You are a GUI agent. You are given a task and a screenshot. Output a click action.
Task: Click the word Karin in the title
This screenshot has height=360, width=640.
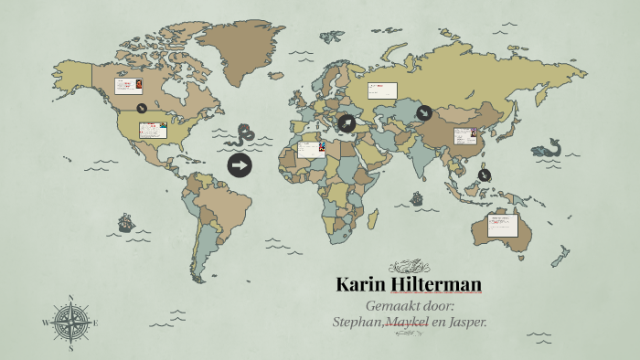pos(359,284)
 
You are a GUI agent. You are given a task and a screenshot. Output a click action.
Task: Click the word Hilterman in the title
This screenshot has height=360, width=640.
pos(434,284)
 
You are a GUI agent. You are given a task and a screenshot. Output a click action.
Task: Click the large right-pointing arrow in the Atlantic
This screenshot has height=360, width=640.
pos(240,165)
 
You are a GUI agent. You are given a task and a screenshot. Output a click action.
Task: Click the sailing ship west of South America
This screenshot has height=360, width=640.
pos(125,222)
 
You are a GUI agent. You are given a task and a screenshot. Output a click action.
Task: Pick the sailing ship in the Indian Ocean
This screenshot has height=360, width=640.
pos(416,197)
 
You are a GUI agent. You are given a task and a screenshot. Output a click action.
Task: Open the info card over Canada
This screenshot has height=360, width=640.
pos(127,87)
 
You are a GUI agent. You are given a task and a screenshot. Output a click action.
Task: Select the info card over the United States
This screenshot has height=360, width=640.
pos(153,130)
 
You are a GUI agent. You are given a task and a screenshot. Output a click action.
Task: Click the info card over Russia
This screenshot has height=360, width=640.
pos(382,90)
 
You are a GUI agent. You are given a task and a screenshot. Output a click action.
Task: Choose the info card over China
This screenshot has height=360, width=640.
pos(466,136)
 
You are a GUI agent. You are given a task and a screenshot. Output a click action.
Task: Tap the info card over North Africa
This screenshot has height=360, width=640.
pos(311,148)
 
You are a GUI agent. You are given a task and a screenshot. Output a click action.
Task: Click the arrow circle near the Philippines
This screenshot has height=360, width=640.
pos(485,175)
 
